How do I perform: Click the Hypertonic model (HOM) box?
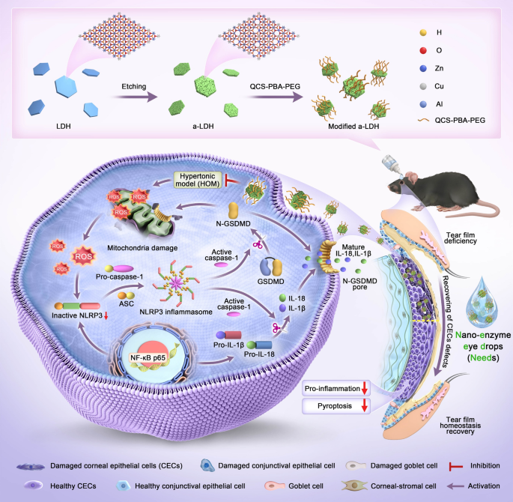click(x=202, y=181)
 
